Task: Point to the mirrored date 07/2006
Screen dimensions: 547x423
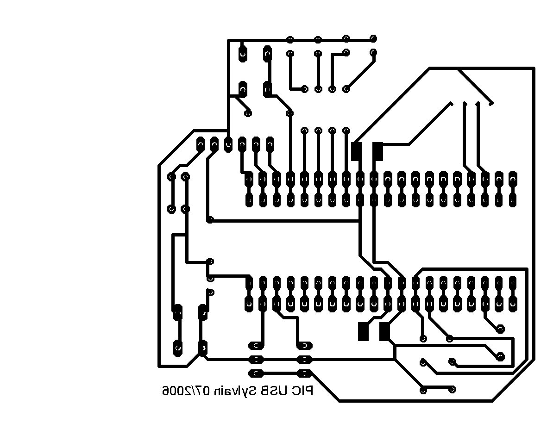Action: click(x=185, y=391)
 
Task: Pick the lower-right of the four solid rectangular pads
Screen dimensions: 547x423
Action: click(x=384, y=331)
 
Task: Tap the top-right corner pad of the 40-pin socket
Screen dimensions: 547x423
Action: click(x=512, y=179)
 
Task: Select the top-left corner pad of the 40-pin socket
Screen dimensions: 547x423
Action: click(x=249, y=179)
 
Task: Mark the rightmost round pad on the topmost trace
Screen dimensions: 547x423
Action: click(x=373, y=38)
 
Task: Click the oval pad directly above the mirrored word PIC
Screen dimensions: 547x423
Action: click(x=305, y=373)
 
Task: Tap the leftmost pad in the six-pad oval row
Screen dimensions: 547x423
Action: click(x=200, y=144)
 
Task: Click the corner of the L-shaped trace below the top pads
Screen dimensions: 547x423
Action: click(x=332, y=54)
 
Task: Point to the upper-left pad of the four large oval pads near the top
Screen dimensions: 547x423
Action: click(x=243, y=53)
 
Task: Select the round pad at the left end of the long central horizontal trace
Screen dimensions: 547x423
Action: click(x=210, y=220)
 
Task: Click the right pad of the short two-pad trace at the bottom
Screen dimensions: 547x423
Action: click(x=453, y=389)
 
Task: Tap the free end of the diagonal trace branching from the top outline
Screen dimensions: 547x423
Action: click(x=491, y=104)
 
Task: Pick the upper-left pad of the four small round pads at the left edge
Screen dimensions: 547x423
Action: click(x=171, y=177)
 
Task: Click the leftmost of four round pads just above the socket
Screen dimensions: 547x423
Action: click(x=305, y=131)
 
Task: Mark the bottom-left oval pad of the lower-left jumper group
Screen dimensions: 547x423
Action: click(x=178, y=347)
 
